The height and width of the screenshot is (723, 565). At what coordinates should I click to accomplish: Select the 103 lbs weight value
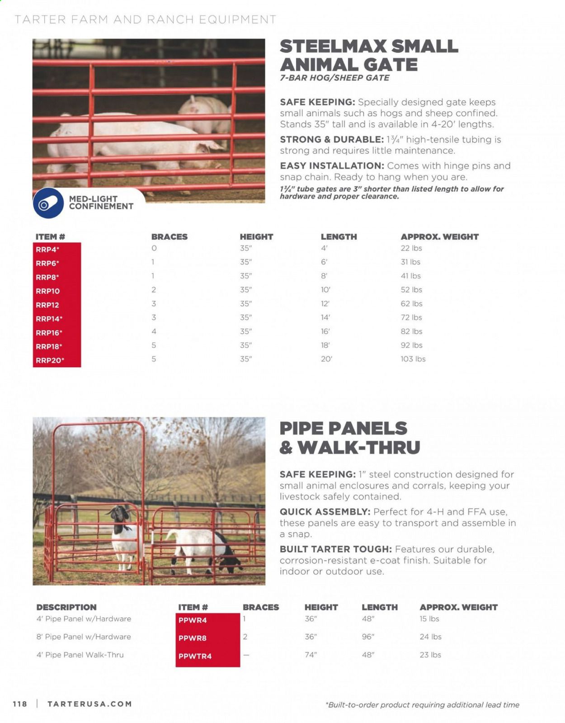[x=413, y=359]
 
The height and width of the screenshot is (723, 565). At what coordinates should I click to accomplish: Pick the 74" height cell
[x=311, y=655]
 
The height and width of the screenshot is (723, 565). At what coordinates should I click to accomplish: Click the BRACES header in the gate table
[x=169, y=236]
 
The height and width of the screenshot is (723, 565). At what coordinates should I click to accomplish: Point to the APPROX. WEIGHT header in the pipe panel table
[x=458, y=607]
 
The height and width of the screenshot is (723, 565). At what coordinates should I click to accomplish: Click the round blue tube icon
[x=48, y=203]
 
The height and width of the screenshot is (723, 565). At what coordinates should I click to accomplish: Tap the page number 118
[x=20, y=704]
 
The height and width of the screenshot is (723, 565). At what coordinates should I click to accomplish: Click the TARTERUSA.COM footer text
[x=89, y=704]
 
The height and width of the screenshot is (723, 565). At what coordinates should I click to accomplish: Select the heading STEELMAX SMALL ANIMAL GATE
[x=369, y=55]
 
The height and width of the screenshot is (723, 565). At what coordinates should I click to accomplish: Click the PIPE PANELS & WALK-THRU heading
[x=350, y=438]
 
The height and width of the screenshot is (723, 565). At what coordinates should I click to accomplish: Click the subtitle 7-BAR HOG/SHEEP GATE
[x=334, y=78]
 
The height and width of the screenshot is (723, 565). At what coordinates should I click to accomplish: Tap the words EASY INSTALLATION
[x=332, y=166]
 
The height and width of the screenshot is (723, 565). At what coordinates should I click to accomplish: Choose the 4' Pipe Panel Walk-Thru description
[x=80, y=655]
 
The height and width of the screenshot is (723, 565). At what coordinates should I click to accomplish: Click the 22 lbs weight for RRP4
[x=411, y=248]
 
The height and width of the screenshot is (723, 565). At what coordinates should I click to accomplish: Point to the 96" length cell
[x=368, y=637]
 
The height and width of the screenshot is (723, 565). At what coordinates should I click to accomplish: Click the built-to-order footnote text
[x=422, y=704]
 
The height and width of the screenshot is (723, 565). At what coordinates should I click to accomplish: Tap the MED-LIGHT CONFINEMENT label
[x=101, y=203]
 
